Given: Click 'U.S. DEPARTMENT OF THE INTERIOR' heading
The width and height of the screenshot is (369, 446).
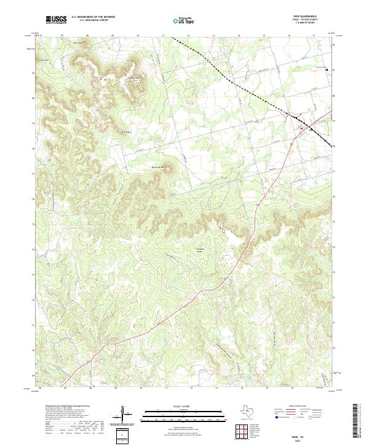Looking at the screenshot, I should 92,17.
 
